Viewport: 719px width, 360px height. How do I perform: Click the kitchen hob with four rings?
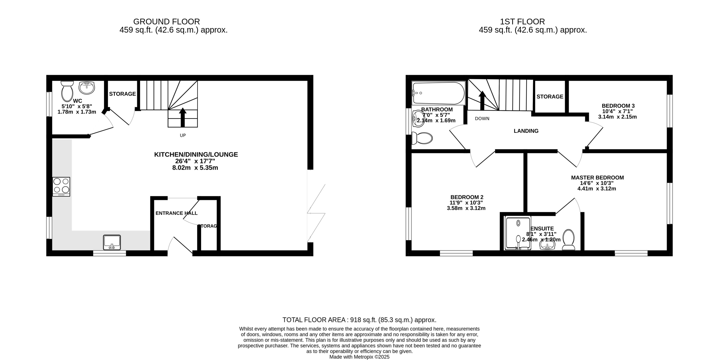pos(61,186)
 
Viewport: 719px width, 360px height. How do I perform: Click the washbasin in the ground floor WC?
pos(87,88)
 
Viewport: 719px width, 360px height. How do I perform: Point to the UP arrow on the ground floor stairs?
pos(183,117)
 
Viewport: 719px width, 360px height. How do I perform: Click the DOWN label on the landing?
pos(482,119)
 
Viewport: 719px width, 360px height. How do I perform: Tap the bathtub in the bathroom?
pos(438,93)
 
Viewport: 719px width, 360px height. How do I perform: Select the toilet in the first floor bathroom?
pos(422,138)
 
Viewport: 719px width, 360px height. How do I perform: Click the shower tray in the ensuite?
pos(518,233)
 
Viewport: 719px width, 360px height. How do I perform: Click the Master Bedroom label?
pos(597,177)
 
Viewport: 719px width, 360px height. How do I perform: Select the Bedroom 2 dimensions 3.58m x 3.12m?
pos(466,208)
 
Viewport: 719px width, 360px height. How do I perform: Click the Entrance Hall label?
pos(176,213)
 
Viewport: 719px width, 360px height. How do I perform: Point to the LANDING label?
pos(526,131)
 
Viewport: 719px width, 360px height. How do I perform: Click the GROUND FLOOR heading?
pos(166,22)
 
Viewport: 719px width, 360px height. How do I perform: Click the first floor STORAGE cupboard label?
pos(550,97)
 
